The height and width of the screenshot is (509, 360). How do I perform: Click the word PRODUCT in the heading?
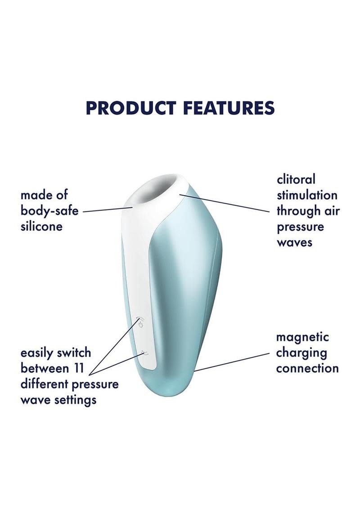pyautogui.click(x=131, y=108)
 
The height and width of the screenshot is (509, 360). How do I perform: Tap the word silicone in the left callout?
pyautogui.click(x=41, y=226)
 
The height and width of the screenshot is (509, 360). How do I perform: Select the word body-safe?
pyautogui.click(x=49, y=211)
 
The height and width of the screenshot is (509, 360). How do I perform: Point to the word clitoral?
pyautogui.click(x=296, y=179)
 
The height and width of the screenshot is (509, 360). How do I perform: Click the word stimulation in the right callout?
pyautogui.click(x=307, y=195)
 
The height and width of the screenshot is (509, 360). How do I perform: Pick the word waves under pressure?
pyautogui.click(x=294, y=242)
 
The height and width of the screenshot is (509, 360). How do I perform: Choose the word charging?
pyautogui.click(x=301, y=353)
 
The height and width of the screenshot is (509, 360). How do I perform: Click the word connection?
pyautogui.click(x=307, y=368)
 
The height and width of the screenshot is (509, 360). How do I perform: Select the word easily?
pyautogui.click(x=38, y=353)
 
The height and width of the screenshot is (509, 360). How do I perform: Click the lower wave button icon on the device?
pyautogui.click(x=145, y=353)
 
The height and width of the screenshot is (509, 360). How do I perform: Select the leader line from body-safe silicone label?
pyautogui.click(x=108, y=209)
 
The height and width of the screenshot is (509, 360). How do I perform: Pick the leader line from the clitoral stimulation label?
pyautogui.click(x=224, y=203)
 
